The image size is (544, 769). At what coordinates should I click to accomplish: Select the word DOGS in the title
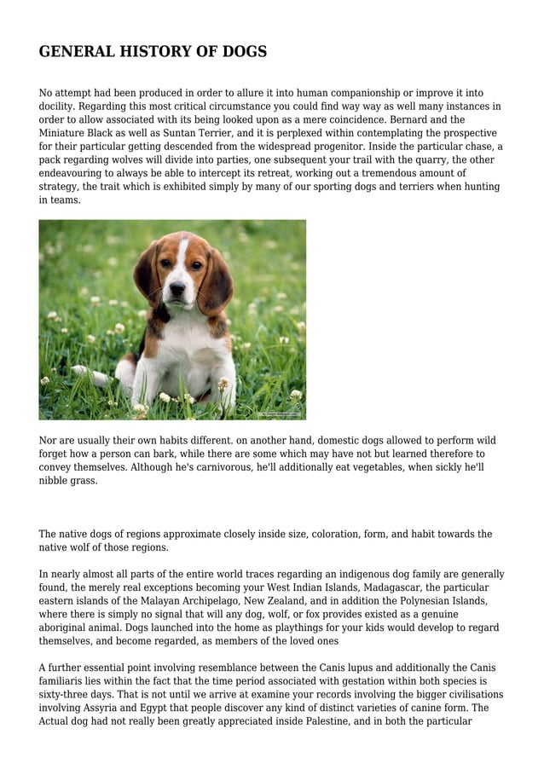[x=244, y=52]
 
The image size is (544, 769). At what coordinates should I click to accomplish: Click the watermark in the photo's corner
[x=280, y=413]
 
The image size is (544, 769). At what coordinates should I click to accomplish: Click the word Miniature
[x=64, y=134]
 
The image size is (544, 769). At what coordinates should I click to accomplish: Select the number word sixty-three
[x=70, y=695]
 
